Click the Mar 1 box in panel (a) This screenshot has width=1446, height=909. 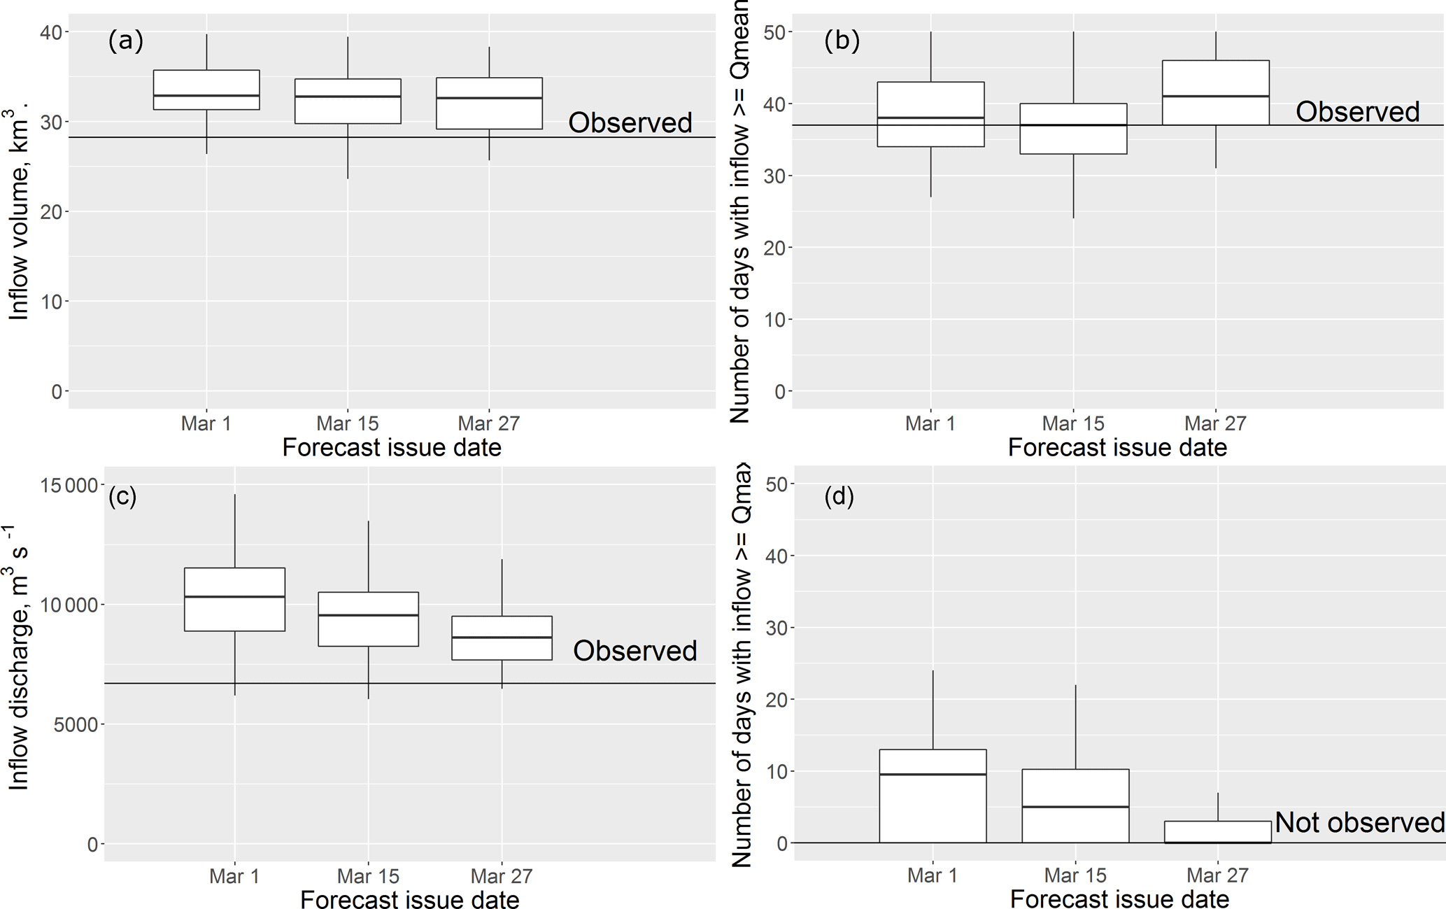point(206,90)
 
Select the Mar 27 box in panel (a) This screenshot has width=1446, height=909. point(489,104)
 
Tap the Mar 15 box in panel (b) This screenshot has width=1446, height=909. point(1073,129)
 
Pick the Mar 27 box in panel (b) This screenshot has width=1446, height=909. point(1216,92)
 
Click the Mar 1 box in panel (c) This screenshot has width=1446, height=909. point(234,599)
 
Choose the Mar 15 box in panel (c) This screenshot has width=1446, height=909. point(368,619)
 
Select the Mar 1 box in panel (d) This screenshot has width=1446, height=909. point(933,796)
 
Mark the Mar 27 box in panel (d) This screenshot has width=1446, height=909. point(1218,832)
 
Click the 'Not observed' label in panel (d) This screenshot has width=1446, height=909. point(1359,822)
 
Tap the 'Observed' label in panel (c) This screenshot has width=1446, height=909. point(635,651)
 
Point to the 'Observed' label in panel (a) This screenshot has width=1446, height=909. point(630,122)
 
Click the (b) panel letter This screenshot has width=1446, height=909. point(842,41)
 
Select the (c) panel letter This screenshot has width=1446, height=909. point(122,496)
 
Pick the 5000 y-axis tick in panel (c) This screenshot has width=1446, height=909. point(74,724)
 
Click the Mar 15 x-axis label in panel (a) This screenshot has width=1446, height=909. point(348,423)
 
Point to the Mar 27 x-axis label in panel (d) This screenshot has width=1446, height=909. point(1218,875)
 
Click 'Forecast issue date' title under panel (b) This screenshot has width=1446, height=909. point(1117,448)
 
